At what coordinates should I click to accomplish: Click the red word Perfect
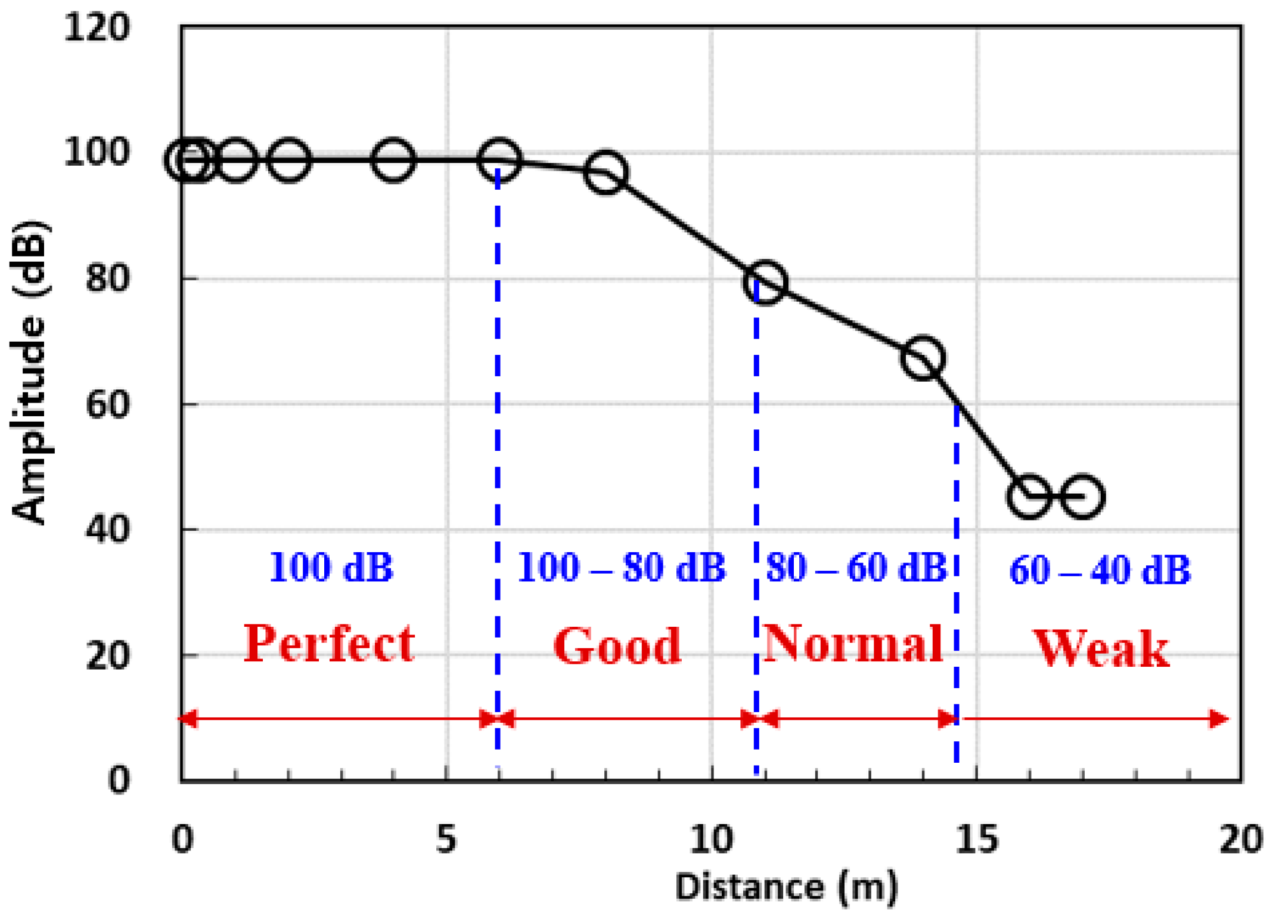pyautogui.click(x=329, y=644)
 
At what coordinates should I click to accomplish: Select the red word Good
pyautogui.click(x=617, y=646)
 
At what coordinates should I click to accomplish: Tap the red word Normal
pyautogui.click(x=852, y=643)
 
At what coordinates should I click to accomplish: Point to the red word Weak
pyautogui.click(x=1100, y=649)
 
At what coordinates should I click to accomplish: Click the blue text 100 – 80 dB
pyautogui.click(x=622, y=567)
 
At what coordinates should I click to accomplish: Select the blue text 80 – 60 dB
pyautogui.click(x=856, y=567)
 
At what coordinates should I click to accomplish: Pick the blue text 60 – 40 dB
pyautogui.click(x=1100, y=570)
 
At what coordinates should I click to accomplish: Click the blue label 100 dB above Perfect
pyautogui.click(x=331, y=567)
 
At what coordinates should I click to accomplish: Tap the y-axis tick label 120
pyautogui.click(x=97, y=27)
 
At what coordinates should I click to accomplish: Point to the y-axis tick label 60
pyautogui.click(x=107, y=405)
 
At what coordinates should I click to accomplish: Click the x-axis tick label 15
pyautogui.click(x=976, y=839)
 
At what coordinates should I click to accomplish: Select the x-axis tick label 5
pyautogui.click(x=446, y=839)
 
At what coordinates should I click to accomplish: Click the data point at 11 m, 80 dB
pyautogui.click(x=765, y=282)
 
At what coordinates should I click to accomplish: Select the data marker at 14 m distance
pyautogui.click(x=923, y=358)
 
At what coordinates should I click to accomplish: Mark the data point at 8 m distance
pyautogui.click(x=606, y=172)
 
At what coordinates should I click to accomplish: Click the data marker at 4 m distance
pyautogui.click(x=393, y=160)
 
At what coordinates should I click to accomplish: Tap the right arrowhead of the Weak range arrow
pyautogui.click(x=1218, y=719)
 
